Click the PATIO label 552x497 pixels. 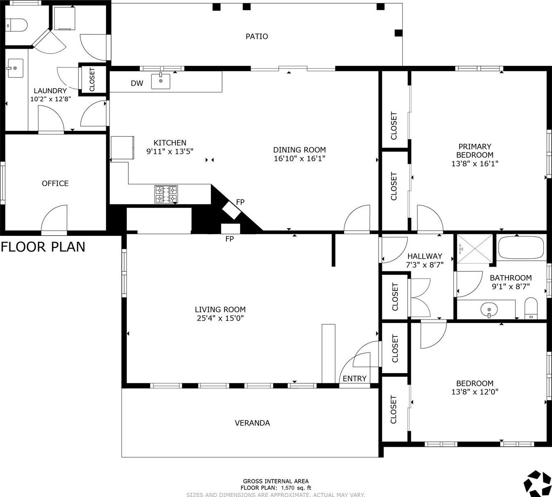pos(257,36)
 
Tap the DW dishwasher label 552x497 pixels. pos(137,83)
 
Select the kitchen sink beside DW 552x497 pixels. pos(161,81)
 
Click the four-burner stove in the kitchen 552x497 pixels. pos(166,194)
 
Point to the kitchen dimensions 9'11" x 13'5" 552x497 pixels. pos(170,151)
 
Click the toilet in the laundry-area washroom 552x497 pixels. pos(16,26)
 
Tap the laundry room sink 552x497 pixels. pos(15,68)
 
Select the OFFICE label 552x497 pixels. pos(55,184)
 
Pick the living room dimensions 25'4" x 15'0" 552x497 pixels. pos(220,318)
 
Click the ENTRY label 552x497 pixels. pos(355,378)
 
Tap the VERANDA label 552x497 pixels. pos(252,423)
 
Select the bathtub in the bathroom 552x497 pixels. pos(521,247)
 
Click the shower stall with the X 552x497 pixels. pos(475,248)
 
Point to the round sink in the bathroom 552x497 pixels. pos(489,309)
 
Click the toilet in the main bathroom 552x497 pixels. pos(531,308)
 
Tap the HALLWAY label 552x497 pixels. pos(425,256)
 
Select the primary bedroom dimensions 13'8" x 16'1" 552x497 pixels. pos(475,164)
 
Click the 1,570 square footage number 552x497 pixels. pos(287,488)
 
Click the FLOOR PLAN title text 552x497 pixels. pos(43,247)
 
